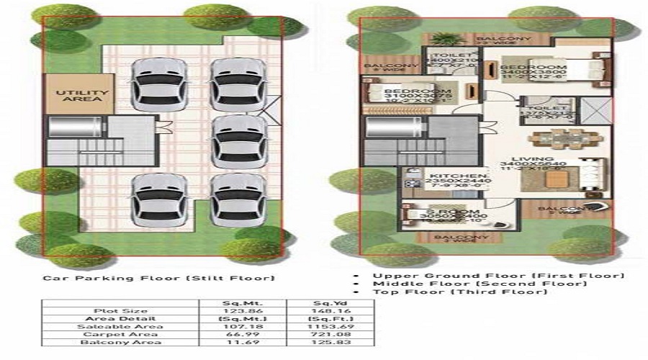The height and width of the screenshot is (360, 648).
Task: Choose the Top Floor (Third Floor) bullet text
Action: tap(490, 292)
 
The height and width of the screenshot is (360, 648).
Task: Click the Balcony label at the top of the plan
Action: tap(513, 38)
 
